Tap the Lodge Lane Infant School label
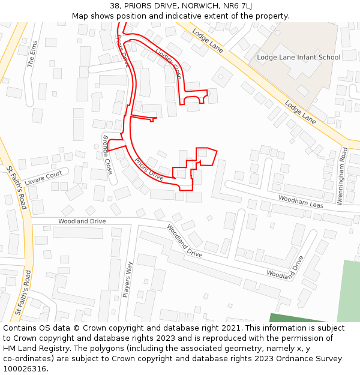[x=298, y=58]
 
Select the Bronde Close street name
[x=107, y=154]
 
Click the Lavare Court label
[x=43, y=176]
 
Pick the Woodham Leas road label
[x=301, y=202]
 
